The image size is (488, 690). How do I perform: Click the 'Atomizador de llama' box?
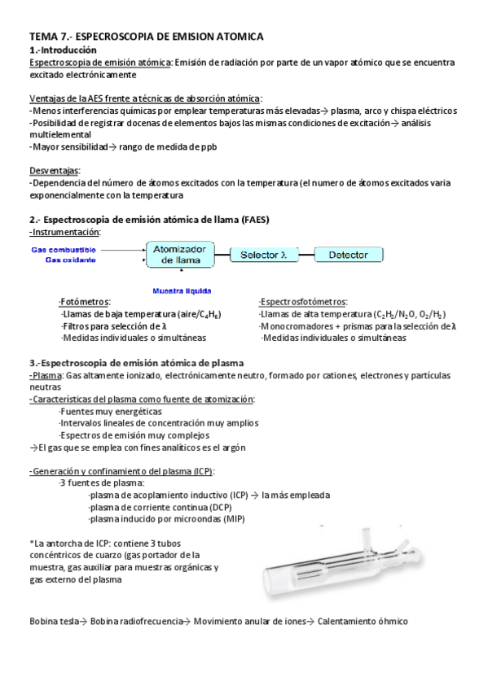pos(180,254)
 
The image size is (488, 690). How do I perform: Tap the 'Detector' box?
pos(348,255)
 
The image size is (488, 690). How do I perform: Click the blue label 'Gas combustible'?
pos(64,250)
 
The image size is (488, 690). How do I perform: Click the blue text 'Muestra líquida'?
pos(183,290)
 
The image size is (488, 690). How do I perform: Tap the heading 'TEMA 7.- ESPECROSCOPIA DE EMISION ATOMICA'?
pos(147,37)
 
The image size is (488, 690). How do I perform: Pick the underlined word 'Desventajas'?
pos(55,171)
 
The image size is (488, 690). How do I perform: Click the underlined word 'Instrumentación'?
pos(65,232)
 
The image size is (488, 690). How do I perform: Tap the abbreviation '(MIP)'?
pos(233,518)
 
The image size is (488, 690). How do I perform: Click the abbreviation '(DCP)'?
pos(215,506)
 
